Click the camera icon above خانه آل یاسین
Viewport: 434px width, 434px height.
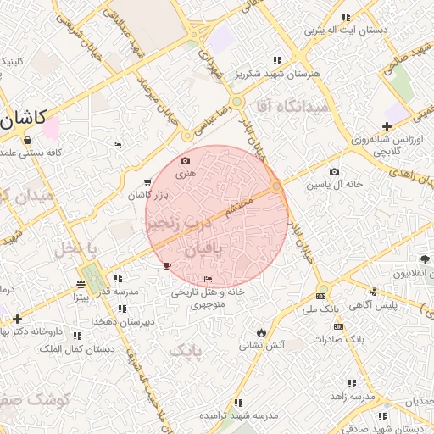click(x=334, y=172)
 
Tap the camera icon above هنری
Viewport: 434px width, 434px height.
click(x=186, y=160)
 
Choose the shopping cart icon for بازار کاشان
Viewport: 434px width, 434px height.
click(x=147, y=182)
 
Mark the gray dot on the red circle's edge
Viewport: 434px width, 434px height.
click(x=276, y=186)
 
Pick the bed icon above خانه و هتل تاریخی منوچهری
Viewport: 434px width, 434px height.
click(x=209, y=279)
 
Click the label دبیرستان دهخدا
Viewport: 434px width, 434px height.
click(x=146, y=321)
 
